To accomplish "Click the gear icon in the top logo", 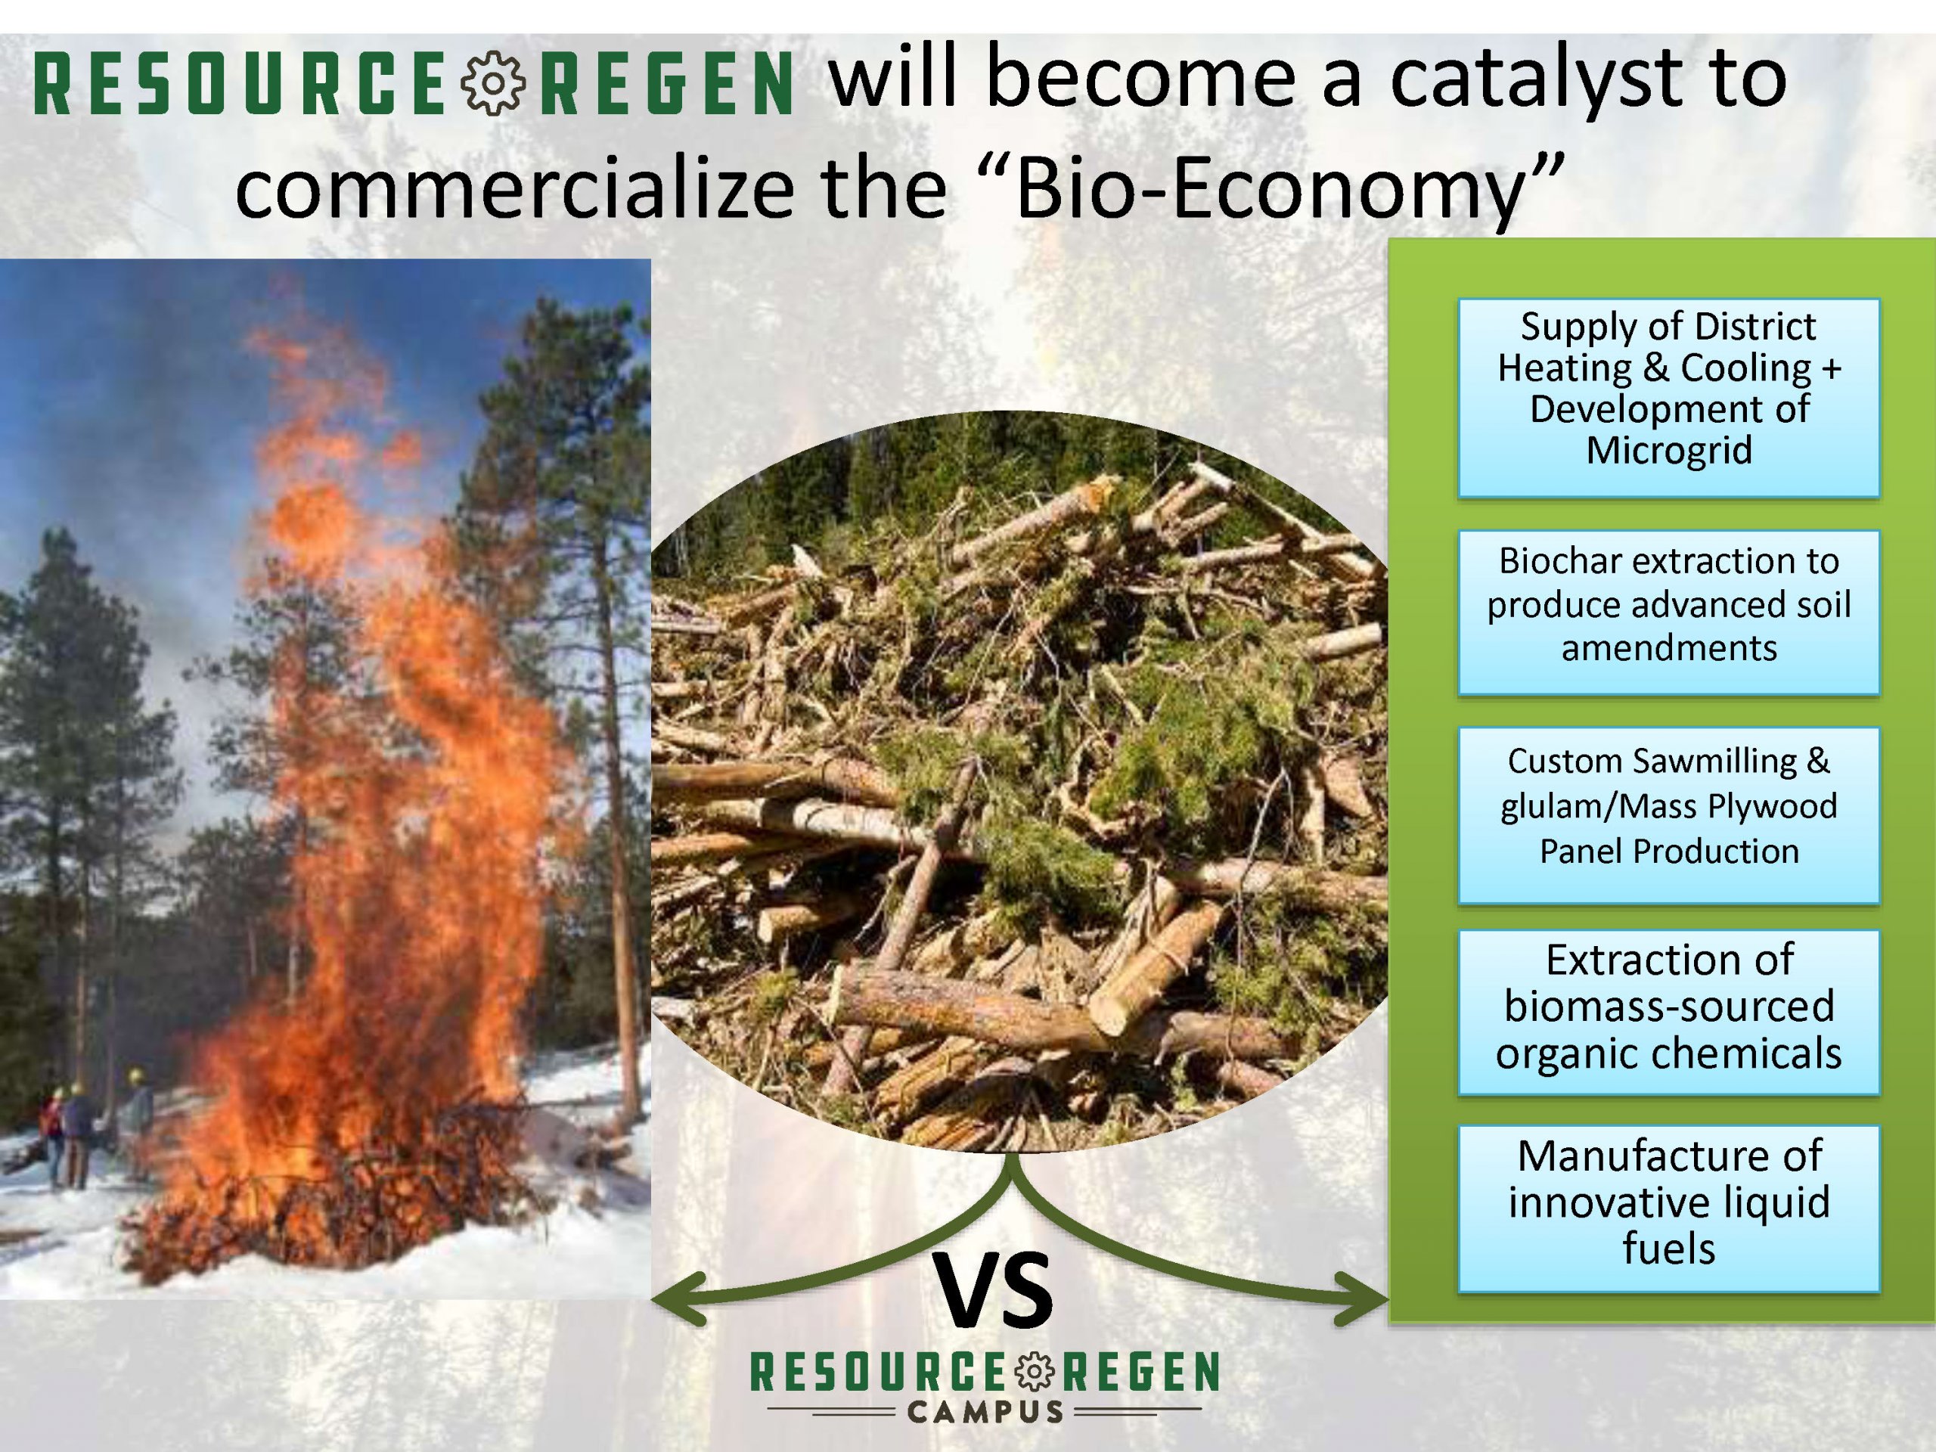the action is click(494, 83).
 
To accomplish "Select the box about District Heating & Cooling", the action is click(1668, 399).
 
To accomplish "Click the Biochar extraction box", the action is click(1668, 613).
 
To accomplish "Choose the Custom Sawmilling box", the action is click(1668, 814).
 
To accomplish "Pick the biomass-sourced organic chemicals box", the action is click(1668, 1012).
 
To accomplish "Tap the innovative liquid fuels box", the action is click(1668, 1208).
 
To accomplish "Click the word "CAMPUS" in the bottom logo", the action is click(985, 1411).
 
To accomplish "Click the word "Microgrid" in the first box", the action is click(1669, 450).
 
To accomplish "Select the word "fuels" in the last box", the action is click(1669, 1248).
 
